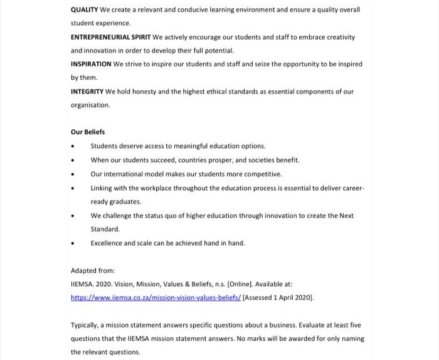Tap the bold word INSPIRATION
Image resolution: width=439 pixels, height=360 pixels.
click(91, 64)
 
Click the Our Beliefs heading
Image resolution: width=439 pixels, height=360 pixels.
click(88, 132)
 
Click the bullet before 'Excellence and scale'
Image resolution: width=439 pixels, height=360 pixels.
click(73, 243)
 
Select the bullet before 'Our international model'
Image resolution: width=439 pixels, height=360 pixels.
click(73, 174)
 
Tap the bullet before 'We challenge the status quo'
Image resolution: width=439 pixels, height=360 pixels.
click(73, 216)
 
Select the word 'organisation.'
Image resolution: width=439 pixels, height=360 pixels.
click(90, 105)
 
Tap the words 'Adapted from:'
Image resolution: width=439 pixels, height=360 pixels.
click(93, 271)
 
